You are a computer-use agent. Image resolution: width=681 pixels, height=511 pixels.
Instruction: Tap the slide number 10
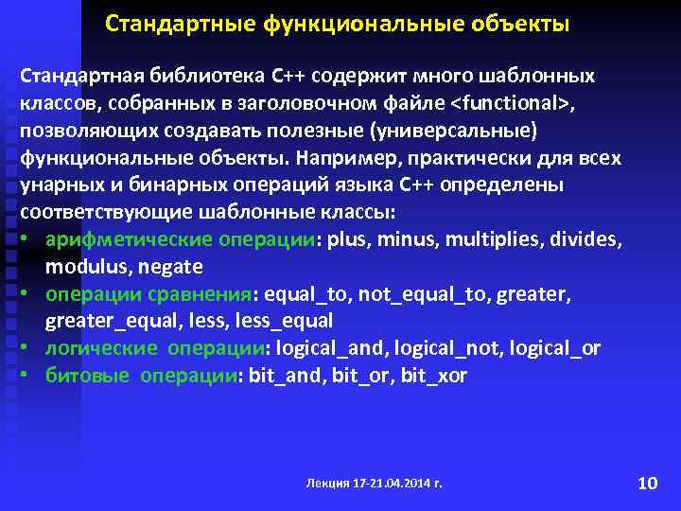coord(647,484)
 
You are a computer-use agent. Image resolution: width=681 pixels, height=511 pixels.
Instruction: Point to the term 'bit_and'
coord(279,376)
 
